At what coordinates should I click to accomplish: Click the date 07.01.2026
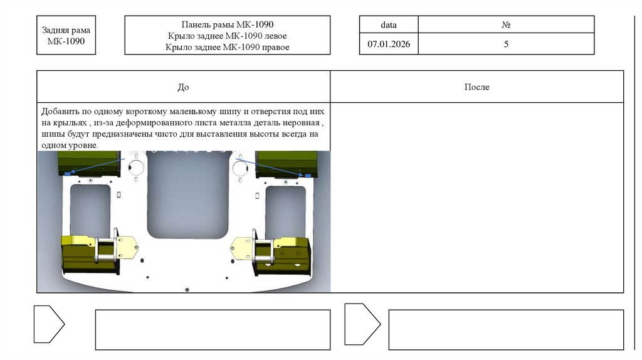[389, 44]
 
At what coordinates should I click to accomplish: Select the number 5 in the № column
[506, 44]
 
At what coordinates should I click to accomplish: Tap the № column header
[506, 24]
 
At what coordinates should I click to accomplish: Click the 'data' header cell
[389, 24]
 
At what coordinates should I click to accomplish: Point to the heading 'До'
[183, 87]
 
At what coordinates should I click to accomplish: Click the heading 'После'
[476, 87]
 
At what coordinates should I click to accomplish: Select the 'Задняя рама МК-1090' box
[66, 35]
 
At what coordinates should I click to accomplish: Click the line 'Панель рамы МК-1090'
[227, 24]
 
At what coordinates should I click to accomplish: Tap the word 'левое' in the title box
[274, 36]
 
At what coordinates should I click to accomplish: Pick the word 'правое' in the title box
[275, 47]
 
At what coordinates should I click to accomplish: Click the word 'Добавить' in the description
[60, 112]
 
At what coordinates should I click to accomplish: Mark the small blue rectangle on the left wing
[68, 174]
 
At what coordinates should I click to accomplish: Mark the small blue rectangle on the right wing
[307, 175]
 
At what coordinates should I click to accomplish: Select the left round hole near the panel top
[136, 167]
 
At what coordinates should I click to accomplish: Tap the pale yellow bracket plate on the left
[127, 246]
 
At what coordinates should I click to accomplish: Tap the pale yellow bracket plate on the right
[242, 248]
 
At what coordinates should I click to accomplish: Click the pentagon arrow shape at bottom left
[49, 324]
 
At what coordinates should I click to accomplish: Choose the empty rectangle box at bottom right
[506, 330]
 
